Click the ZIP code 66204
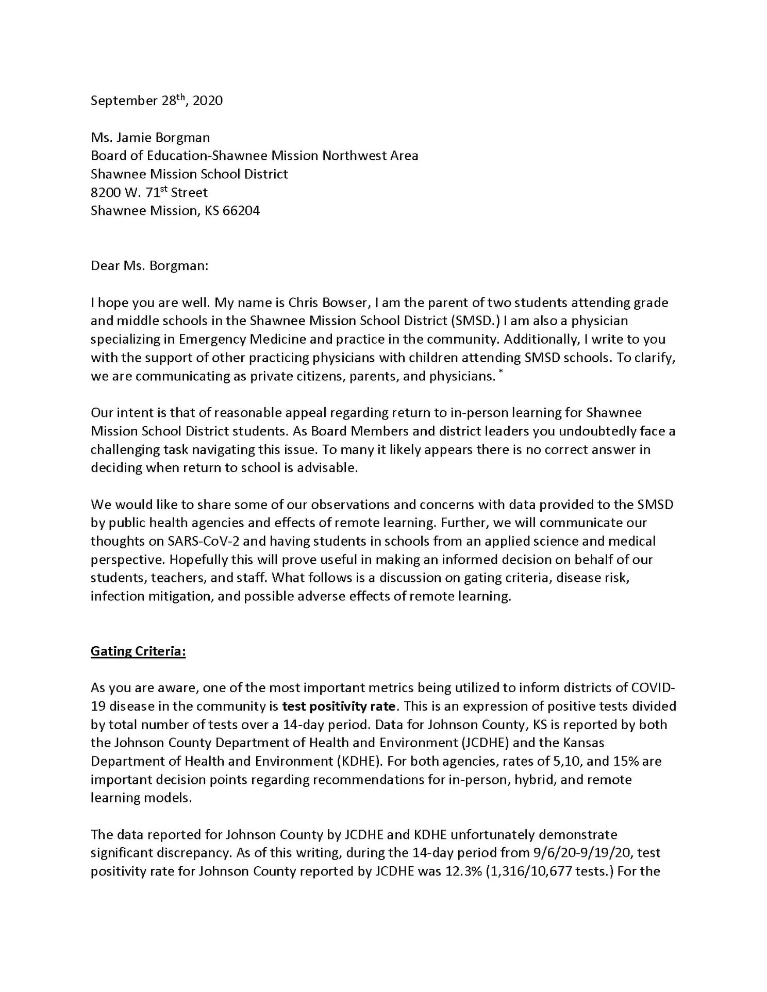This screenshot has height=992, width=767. coord(241,211)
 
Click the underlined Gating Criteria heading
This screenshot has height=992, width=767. coord(138,651)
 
